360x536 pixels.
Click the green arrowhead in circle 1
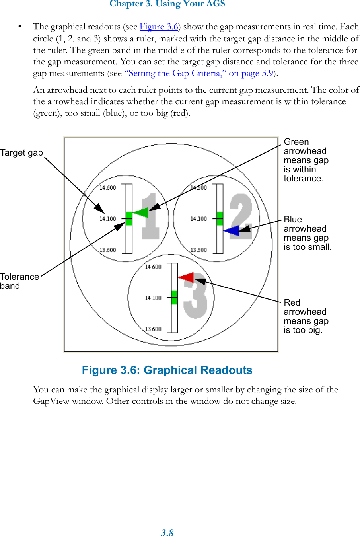click(141, 213)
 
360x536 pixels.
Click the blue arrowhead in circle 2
click(232, 230)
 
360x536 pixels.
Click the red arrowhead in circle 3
click(186, 277)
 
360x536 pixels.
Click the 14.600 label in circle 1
click(107, 188)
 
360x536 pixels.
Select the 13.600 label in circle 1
click(107, 250)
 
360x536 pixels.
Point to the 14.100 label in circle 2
click(198, 219)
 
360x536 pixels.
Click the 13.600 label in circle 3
click(153, 329)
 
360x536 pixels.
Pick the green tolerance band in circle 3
click(174, 298)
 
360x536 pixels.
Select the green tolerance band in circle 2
click(220, 218)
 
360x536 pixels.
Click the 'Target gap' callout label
click(21, 153)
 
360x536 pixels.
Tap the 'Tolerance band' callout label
click(19, 281)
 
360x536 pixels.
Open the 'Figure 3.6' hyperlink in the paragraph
click(159, 27)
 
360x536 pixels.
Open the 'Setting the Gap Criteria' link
click(198, 73)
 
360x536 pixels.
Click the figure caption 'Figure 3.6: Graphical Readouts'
click(167, 370)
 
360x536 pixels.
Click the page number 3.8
click(167, 532)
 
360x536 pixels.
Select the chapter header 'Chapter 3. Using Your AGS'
click(167, 4)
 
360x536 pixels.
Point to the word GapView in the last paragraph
click(51, 401)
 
